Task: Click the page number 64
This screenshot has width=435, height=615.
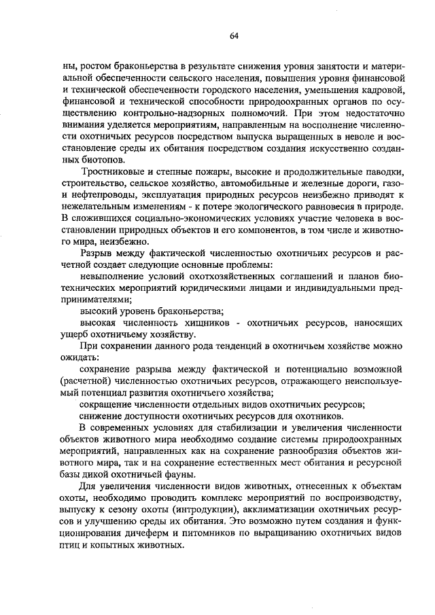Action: pyautogui.click(x=233, y=35)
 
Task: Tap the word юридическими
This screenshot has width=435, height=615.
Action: pyautogui.click(x=208, y=287)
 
